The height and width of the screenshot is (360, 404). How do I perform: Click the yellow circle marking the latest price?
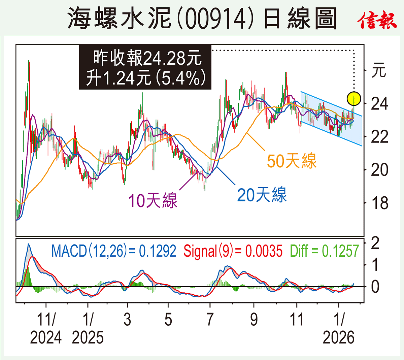[354, 99]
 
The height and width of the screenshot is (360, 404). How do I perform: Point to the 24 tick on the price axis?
[379, 104]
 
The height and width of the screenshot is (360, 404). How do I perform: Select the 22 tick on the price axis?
[379, 137]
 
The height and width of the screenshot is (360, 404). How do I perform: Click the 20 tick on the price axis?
[379, 170]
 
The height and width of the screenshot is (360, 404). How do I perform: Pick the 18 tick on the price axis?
[379, 203]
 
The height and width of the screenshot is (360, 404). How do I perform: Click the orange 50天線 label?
[292, 161]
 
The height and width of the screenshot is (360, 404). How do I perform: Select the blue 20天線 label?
[262, 195]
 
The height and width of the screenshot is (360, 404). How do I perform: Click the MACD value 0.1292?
[157, 251]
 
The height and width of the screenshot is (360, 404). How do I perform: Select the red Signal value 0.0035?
[264, 251]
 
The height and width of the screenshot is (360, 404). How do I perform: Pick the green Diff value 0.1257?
[340, 251]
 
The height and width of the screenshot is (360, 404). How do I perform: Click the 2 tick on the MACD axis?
[375, 243]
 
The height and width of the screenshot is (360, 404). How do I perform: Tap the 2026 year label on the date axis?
[339, 337]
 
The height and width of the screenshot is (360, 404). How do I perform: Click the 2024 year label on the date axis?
[46, 337]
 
